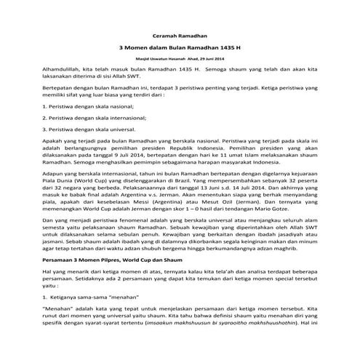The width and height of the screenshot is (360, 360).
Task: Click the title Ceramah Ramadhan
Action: pyautogui.click(x=180, y=35)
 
